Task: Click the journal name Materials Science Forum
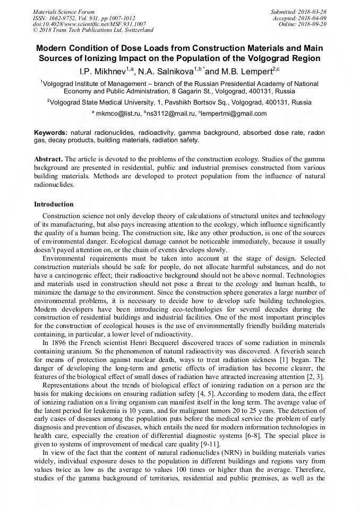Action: pos(64,11)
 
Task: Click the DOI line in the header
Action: pos(89,24)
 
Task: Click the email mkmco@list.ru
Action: pos(117,114)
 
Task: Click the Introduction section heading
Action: pos(54,204)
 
